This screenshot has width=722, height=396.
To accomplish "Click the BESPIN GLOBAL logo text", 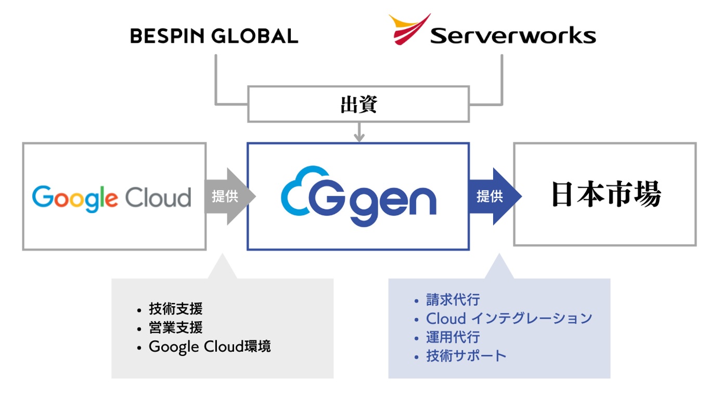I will pyautogui.click(x=214, y=36).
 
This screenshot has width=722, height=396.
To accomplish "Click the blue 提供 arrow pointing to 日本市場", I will pyautogui.click(x=494, y=196).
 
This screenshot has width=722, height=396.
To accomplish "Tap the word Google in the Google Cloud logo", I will pyautogui.click(x=75, y=199).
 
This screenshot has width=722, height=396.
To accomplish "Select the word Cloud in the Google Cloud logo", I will pyautogui.click(x=158, y=197).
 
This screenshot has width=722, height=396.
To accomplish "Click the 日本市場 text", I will pyautogui.click(x=605, y=194).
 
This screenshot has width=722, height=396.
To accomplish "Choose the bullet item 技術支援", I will pyautogui.click(x=175, y=309).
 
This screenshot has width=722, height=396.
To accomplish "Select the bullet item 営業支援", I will pyautogui.click(x=175, y=327).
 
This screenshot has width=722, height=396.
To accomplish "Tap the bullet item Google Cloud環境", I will pyautogui.click(x=209, y=347).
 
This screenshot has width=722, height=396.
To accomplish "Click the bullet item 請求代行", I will pyautogui.click(x=453, y=300).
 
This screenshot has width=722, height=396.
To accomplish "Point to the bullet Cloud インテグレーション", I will pyautogui.click(x=509, y=318).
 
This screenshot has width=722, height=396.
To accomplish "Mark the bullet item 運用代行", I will pyautogui.click(x=453, y=337).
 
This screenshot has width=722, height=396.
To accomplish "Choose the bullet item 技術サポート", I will pyautogui.click(x=466, y=355).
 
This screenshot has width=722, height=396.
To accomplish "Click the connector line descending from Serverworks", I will pyautogui.click(x=502, y=78).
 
